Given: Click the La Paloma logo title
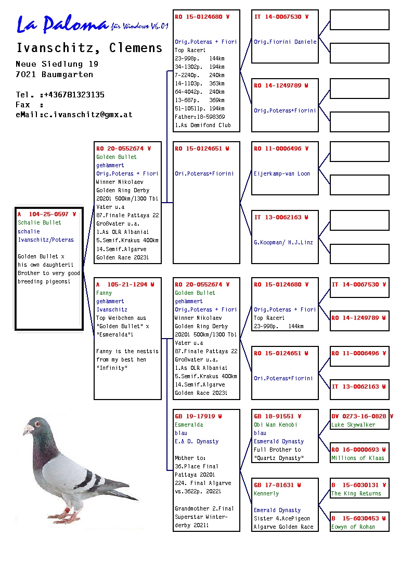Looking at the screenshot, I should coord(62,24).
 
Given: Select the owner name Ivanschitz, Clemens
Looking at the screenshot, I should coord(89,48).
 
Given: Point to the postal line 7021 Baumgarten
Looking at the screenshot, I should coord(55,74).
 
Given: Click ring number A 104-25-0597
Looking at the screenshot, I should coord(47,214).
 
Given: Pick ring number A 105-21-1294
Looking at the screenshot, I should coord(125,285).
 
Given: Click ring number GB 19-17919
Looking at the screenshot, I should coord(199,417).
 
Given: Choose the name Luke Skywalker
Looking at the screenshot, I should coord(353,425).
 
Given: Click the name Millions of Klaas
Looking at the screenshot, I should coord(358,458).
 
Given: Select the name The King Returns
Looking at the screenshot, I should coord(356,494).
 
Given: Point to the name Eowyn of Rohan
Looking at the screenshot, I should coord(353,527).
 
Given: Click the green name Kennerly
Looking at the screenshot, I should coord(266,494).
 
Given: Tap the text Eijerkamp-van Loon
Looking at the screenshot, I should coord(282,174).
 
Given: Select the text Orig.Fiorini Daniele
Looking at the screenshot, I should coord(285,42).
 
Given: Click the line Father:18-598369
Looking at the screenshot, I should coord(200,117).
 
